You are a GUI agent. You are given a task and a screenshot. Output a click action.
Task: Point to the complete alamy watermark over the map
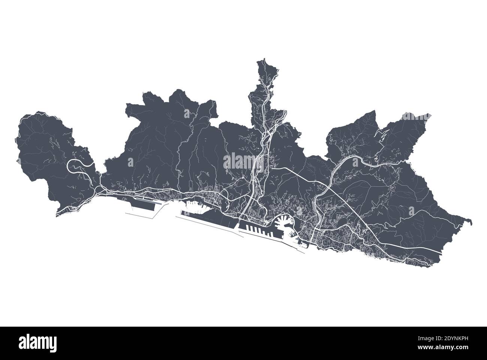click(243, 162)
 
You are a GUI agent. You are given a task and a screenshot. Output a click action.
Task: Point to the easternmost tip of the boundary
click(471, 222)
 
